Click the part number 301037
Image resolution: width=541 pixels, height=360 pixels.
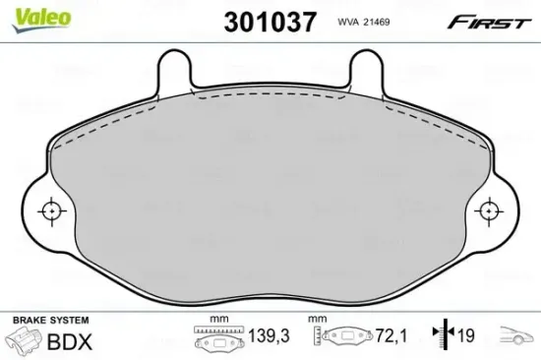tap(257, 22)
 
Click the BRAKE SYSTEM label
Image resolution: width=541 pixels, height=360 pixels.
tap(48, 321)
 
